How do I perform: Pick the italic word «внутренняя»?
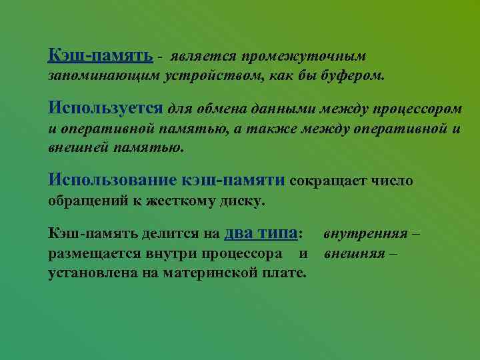[365, 234]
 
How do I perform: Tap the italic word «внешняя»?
[353, 253]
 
